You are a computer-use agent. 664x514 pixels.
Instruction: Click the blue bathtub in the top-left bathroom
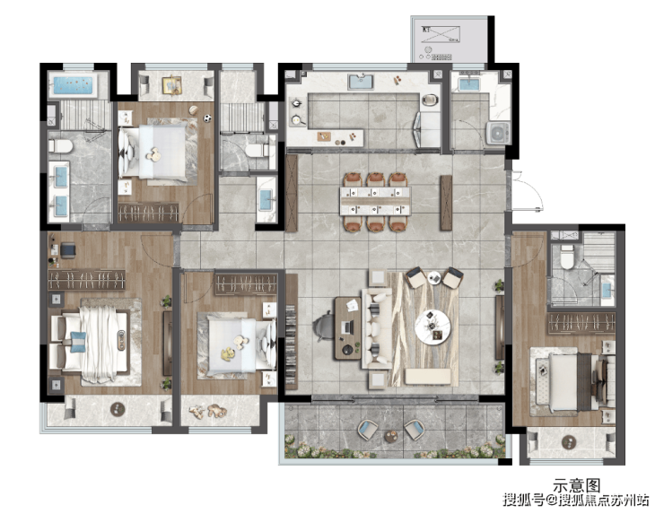point(73,85)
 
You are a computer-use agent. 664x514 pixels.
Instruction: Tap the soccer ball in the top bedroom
point(206,119)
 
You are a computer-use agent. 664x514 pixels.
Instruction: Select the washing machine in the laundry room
point(498,133)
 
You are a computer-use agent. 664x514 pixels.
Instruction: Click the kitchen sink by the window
point(361,82)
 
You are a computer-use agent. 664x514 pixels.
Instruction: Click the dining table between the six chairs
point(375,201)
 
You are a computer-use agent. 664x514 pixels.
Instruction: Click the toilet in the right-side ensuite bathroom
point(566,257)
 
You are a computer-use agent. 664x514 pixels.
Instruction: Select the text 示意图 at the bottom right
point(576,484)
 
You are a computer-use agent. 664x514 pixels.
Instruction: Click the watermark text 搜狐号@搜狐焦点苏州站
point(575,500)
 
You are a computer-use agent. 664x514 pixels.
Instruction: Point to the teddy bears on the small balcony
point(208,411)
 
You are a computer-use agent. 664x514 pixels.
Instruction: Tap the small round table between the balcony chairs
point(391,436)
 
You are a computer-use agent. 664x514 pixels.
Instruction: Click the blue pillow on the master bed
point(78,342)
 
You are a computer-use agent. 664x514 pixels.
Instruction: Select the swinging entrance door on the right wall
point(527,190)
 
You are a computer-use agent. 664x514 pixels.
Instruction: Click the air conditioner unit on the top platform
point(441,34)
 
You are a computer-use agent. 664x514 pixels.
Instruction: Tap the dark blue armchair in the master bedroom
point(68,249)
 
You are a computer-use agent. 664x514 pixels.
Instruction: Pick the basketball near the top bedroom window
point(193,110)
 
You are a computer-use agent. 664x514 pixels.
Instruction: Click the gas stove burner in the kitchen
point(296,103)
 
